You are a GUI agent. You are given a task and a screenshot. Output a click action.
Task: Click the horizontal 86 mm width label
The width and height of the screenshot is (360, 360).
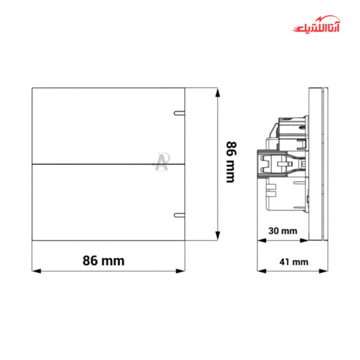coord(103,260)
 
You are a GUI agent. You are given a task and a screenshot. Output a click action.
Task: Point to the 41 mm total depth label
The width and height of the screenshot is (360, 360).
coord(293,261)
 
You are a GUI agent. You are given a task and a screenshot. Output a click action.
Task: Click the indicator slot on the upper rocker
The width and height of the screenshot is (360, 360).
coord(179,112)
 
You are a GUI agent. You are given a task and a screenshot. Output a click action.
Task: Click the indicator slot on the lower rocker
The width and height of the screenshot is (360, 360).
coord(179,215)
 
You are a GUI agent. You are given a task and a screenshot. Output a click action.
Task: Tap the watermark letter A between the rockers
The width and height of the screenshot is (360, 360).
coord(161,162)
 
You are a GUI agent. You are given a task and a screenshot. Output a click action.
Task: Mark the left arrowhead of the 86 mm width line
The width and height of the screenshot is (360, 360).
coord(35,271)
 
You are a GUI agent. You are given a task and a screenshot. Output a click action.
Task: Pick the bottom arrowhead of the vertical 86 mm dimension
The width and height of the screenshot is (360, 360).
coord(217,237)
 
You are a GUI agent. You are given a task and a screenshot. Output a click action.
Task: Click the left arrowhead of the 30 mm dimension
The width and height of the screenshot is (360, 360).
coord(260,241)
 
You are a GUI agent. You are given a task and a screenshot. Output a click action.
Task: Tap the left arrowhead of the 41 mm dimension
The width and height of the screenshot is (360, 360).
coord(260,271)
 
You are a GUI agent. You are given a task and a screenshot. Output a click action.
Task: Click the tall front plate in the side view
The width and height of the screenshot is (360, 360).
coord(317,164)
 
